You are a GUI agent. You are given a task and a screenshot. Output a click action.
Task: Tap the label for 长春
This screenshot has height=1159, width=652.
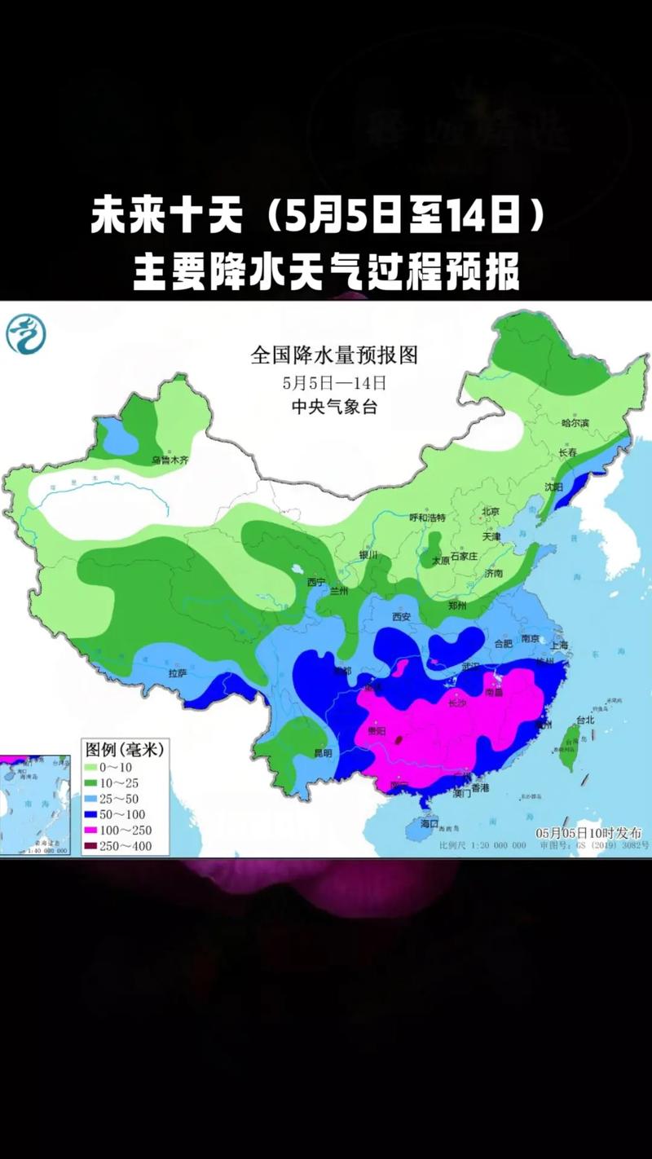(568, 453)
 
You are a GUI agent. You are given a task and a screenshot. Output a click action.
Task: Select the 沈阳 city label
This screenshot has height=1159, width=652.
(554, 486)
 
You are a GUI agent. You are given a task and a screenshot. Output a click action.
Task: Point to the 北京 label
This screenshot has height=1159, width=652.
(490, 512)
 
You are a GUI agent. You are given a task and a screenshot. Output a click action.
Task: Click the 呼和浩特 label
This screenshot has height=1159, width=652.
(429, 517)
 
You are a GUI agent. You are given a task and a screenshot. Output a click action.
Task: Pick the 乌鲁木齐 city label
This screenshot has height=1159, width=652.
(170, 461)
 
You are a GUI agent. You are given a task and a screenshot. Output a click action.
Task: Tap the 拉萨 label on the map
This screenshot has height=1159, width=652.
(178, 673)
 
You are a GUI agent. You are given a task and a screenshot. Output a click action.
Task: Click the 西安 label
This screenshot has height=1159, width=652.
(401, 617)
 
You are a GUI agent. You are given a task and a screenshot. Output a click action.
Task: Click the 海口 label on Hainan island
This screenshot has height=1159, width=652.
(430, 824)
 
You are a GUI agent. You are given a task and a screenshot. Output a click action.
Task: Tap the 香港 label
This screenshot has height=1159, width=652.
(479, 789)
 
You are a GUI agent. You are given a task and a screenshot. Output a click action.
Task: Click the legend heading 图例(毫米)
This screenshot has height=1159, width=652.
(124, 748)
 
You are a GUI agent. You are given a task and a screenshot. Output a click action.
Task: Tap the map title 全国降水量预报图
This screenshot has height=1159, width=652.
(334, 356)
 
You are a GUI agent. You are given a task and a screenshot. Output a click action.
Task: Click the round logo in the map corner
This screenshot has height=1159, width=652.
(27, 334)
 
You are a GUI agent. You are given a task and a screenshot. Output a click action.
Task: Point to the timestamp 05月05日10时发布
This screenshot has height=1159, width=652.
(588, 833)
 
